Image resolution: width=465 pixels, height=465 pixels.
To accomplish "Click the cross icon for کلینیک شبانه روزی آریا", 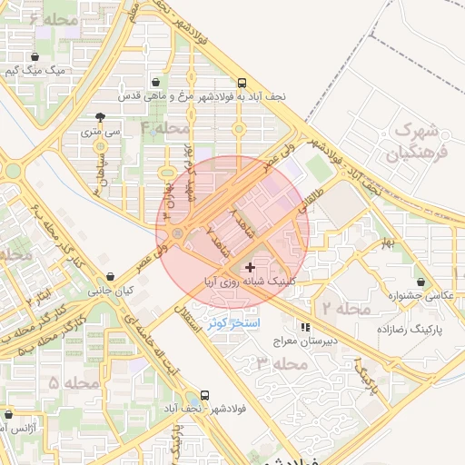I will click(251, 267).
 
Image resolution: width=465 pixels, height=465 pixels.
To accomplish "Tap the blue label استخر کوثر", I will click(233, 322).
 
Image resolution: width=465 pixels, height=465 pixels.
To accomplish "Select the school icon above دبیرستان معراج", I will click(306, 327).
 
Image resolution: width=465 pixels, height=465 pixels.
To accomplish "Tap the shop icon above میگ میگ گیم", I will click(35, 56).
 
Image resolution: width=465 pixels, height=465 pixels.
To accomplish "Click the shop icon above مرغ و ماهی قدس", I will click(157, 80).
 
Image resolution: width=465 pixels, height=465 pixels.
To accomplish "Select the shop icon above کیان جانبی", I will click(110, 277).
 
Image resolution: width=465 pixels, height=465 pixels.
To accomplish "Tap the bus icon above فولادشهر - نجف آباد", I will click(204, 396).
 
